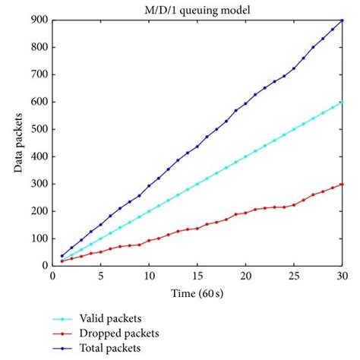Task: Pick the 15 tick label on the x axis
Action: click(x=197, y=275)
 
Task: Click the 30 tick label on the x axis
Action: click(x=343, y=275)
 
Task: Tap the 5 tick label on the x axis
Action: click(x=100, y=275)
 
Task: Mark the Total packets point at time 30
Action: click(x=343, y=21)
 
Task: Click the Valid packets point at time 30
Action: click(x=343, y=102)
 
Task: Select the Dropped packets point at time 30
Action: click(x=343, y=184)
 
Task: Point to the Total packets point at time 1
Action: click(x=62, y=256)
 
